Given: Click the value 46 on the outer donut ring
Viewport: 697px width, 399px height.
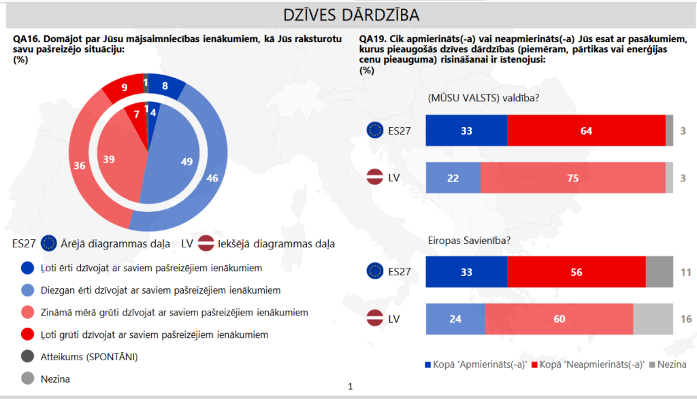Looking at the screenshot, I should pos(212,179).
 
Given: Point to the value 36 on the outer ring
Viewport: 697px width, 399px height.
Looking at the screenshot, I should pos(79,165).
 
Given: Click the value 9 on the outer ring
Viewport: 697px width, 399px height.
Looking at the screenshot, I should pos(125,87).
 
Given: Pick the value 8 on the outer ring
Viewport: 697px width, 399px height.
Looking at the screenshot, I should pos(165,86).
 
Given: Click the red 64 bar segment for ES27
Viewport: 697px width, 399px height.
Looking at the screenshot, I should pos(586,131).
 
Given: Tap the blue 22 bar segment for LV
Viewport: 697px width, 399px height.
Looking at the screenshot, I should pos(453,178).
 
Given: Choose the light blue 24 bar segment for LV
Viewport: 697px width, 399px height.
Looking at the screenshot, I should pos(455,319).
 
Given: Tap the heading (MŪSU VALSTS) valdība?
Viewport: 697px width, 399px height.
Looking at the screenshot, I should pos(483,98).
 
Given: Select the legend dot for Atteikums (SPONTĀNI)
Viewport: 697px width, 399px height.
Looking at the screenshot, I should pos(27,356).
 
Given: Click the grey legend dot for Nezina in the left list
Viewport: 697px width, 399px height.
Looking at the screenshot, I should pos(27,379).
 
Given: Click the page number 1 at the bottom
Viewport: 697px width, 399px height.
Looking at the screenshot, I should pos(350,387).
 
